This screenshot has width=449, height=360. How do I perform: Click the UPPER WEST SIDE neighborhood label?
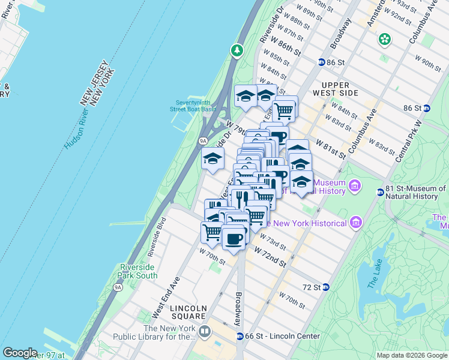tap(339, 89)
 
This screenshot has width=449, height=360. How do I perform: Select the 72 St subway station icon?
tap(326, 287)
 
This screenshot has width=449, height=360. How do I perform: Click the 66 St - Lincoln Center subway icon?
tap(240, 337)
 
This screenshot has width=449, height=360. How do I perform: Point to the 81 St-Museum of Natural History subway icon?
tap(380, 192)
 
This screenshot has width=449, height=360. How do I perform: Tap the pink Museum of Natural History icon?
tap(355, 186)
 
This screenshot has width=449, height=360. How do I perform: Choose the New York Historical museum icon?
tap(356, 223)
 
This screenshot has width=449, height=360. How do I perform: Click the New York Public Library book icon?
tap(205, 332)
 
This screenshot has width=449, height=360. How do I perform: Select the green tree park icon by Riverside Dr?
tap(238, 50)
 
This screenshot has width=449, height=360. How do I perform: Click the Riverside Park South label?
tap(139, 271)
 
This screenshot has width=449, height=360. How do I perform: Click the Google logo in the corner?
tap(20, 352)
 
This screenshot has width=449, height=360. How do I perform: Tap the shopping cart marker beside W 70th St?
tap(211, 232)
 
